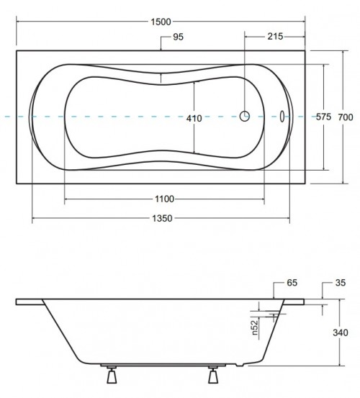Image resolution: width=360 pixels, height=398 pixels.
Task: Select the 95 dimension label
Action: [x=181, y=37]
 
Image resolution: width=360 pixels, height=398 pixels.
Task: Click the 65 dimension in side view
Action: [x=292, y=283]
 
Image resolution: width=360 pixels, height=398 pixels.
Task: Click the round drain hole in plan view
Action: [x=245, y=116]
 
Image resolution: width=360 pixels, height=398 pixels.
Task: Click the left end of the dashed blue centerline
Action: [x=2, y=116]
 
